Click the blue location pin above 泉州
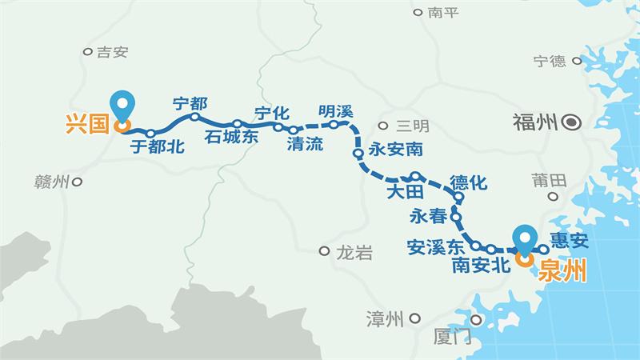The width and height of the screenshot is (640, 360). tap(526, 240)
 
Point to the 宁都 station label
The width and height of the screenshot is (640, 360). tap(190, 103)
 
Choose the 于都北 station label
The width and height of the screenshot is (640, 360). tap(158, 146)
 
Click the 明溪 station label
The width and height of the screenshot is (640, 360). tap(335, 111)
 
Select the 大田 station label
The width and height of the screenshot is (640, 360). tap(403, 193)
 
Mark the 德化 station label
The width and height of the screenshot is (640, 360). tap(468, 183)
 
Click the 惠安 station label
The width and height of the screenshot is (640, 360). tap(570, 239)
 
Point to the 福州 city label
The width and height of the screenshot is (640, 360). tap(534, 123)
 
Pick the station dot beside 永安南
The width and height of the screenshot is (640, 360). tap(358, 152)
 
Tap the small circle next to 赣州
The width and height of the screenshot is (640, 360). tap(78, 182)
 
